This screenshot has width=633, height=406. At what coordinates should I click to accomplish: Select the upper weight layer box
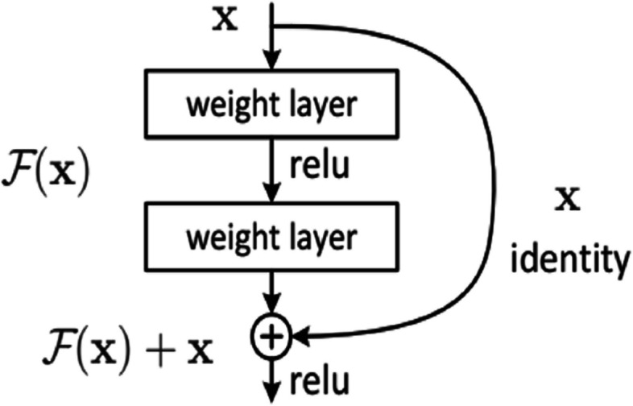pos(273,105)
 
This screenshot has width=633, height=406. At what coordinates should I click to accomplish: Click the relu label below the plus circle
pos(322,379)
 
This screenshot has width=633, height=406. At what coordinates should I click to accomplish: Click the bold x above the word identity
pos(568,200)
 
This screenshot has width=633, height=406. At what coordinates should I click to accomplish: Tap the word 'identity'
pos(568,259)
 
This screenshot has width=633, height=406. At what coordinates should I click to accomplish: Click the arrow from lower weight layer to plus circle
pos(273,292)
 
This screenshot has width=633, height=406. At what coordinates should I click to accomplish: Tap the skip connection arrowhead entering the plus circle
pos(302,333)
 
